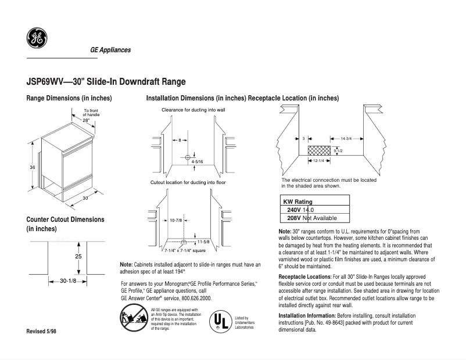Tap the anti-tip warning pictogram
point(134,319)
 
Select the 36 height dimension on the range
point(33,167)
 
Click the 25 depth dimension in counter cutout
point(78,256)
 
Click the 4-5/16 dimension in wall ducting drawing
point(198,161)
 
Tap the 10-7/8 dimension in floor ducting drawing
point(176,221)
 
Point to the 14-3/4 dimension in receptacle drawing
point(342,139)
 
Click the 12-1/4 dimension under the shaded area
point(318,160)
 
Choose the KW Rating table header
point(297,201)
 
